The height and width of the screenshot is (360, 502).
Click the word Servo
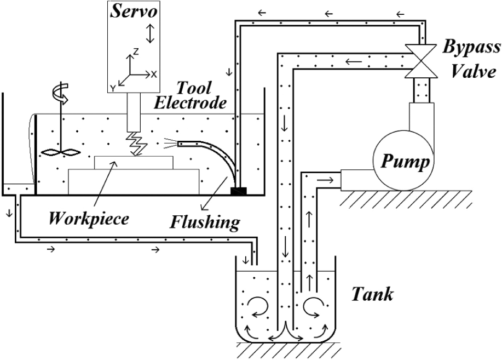[134, 12]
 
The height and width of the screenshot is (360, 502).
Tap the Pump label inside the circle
[405, 161]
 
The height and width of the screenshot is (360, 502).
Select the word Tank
[372, 294]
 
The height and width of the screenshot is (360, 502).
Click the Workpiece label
[89, 219]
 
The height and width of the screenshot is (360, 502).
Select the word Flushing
[205, 222]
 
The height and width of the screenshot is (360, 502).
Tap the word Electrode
[190, 103]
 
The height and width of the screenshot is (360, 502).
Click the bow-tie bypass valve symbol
[420, 61]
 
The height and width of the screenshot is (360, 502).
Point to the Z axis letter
[136, 52]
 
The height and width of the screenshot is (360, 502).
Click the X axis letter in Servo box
[154, 75]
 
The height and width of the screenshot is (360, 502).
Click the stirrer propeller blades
[61, 152]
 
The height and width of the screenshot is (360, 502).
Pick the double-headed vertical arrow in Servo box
[150, 33]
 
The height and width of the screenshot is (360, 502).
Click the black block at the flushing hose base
[239, 191]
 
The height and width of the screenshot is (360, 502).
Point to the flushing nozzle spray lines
[170, 144]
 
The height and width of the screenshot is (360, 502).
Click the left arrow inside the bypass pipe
[354, 61]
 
